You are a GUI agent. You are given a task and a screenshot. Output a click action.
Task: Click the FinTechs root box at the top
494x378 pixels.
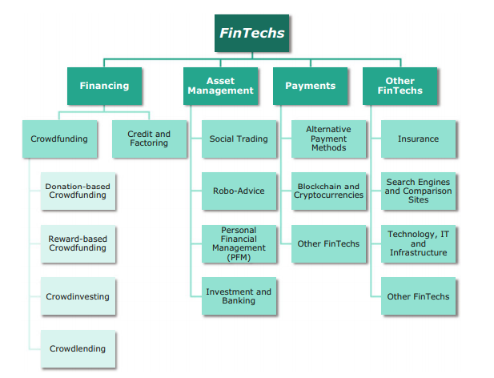[251, 33]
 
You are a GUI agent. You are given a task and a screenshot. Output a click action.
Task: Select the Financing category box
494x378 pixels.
[104, 86]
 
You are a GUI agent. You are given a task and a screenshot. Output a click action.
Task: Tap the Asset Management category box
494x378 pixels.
[220, 86]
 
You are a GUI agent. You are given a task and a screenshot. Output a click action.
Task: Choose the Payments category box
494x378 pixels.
[310, 86]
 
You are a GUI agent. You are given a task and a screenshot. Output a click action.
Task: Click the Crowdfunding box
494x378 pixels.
[59, 139]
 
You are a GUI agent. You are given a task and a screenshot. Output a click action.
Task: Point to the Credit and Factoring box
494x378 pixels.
[149, 139]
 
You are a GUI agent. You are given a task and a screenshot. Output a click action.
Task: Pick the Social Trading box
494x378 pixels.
[239, 139]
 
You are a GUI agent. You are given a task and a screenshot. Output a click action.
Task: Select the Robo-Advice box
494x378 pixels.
[239, 191]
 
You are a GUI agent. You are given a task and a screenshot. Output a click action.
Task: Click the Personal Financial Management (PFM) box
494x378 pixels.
[239, 244]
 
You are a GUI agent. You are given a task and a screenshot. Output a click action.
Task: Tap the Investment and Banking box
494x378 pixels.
[239, 296]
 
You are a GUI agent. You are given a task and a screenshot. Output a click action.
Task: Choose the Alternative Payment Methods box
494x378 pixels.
[328, 139]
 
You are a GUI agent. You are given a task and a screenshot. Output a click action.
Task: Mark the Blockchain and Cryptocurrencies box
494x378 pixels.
[328, 191]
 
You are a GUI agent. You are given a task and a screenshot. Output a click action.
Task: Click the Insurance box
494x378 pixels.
[418, 139]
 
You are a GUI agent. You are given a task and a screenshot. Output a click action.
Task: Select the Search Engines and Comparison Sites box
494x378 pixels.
[418, 191]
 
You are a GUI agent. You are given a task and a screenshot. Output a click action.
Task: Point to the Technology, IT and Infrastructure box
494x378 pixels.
[418, 243]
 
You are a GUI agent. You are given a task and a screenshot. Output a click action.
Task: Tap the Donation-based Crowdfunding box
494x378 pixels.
[78, 191]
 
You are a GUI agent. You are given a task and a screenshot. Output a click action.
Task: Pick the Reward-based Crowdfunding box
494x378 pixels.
[78, 243]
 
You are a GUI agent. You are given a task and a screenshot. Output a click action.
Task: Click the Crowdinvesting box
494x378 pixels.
[78, 296]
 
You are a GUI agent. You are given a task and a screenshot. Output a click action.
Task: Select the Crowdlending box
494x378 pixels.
[78, 348]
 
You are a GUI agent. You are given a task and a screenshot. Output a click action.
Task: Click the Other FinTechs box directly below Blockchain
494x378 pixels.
[328, 243]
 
